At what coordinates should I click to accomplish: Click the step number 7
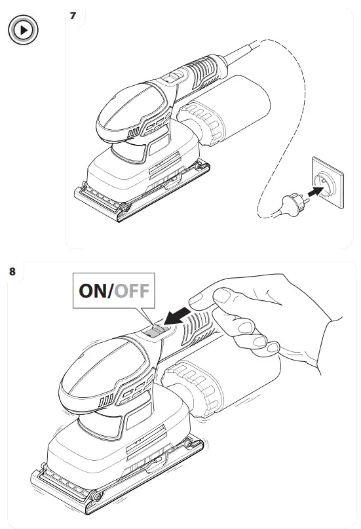click(73, 15)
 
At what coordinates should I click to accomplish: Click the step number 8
click(12, 271)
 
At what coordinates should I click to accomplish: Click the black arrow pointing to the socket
click(315, 191)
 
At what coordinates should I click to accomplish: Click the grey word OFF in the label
click(133, 290)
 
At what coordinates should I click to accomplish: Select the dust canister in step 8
click(216, 387)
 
